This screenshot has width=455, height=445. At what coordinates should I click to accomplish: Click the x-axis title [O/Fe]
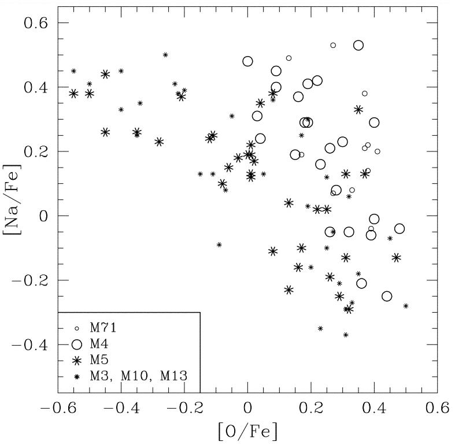[x=247, y=431]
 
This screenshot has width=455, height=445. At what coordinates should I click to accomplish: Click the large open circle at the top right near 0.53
[x=358, y=45]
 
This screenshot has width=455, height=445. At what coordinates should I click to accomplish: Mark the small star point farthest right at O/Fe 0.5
[x=406, y=306]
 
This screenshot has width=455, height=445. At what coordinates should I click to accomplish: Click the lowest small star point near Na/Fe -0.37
[x=346, y=335]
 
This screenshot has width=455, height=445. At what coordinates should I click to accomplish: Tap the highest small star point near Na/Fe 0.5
[x=165, y=55]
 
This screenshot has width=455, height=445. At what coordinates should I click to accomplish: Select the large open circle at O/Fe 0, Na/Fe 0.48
[x=247, y=61]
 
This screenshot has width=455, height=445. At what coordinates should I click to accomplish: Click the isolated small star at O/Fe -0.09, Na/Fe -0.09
[x=219, y=244]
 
